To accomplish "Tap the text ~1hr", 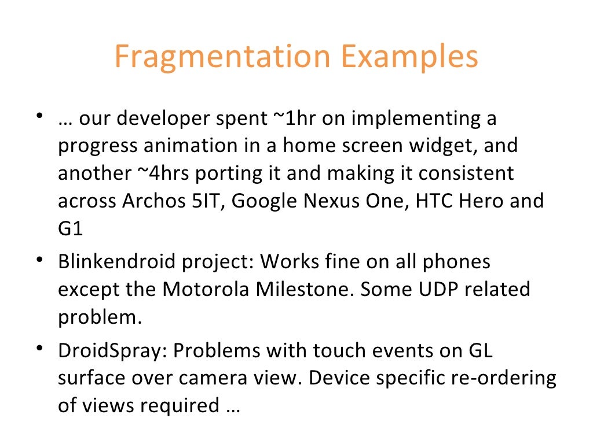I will tap(294, 119).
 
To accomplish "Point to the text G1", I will tap(70, 229).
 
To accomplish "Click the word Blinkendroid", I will tap(116, 262).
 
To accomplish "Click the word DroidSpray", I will tap(112, 350).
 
